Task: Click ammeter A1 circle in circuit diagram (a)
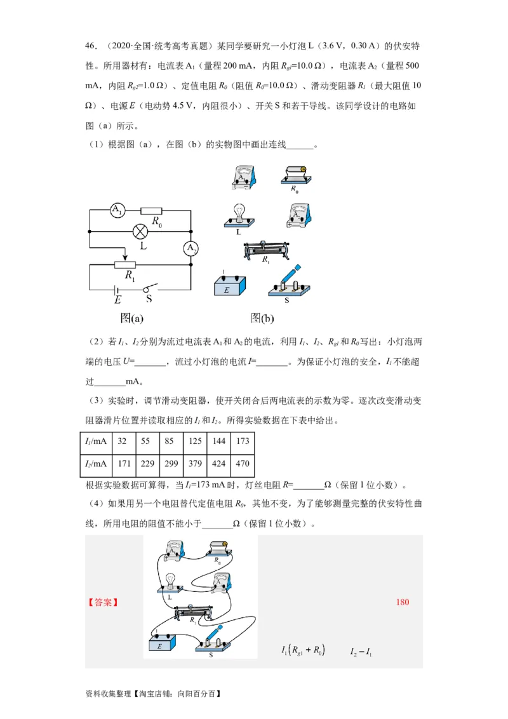[x=117, y=211]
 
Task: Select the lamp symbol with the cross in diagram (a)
[x=140, y=231]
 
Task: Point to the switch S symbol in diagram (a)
[x=150, y=286]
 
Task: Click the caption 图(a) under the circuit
[x=132, y=318]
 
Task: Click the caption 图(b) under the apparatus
[x=262, y=318]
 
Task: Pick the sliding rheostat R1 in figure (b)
[x=267, y=251]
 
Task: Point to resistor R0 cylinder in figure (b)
[x=295, y=173]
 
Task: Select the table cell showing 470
[x=243, y=464]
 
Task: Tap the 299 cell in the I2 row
[x=171, y=464]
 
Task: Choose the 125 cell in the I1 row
[x=195, y=441]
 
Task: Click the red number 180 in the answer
[x=403, y=602]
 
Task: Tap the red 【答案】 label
[x=103, y=602]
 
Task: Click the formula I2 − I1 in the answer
[x=361, y=652]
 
